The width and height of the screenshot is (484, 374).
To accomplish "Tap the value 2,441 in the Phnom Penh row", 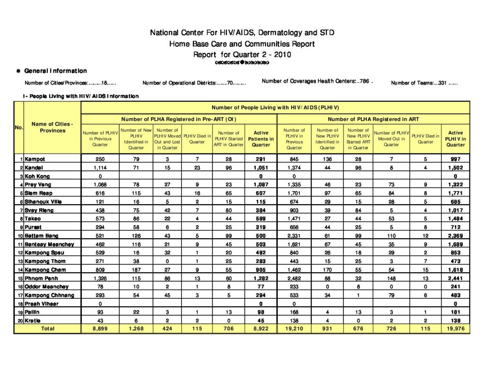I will (455, 278).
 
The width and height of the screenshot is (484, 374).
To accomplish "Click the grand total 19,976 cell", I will (455, 329).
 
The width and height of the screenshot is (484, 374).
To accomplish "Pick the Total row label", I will (48, 329).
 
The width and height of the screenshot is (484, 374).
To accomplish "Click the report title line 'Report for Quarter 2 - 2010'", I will (242, 54).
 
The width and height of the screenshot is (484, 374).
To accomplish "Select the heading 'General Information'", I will (55, 71).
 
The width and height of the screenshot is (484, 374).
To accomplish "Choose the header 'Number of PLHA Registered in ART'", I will (373, 119).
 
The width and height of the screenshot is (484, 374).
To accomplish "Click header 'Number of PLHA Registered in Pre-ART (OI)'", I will (179, 119).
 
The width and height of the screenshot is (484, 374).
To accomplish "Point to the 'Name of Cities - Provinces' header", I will (52, 127).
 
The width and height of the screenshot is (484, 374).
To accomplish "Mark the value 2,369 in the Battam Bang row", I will (455, 236).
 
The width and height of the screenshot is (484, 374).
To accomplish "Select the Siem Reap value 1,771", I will (455, 193).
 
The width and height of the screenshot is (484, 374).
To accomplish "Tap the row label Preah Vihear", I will (42, 304).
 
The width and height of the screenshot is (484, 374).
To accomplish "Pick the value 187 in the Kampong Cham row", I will (136, 270).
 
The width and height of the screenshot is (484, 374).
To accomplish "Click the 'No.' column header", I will (19, 127).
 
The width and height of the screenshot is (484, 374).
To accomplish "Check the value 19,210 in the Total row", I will (294, 329).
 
